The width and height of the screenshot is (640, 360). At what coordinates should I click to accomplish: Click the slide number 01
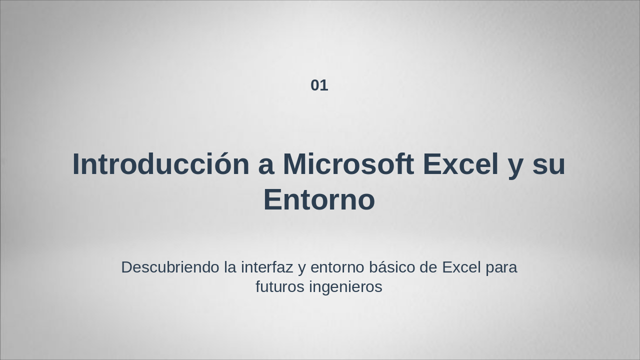(319, 85)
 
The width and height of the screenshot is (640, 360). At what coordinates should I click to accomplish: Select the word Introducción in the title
(160, 164)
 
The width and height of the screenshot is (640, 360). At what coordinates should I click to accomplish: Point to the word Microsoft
(348, 164)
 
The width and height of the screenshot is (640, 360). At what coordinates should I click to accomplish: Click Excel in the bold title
(460, 164)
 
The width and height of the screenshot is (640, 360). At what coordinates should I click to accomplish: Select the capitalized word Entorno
(319, 200)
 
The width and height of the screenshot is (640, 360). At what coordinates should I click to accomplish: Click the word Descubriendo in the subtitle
(170, 267)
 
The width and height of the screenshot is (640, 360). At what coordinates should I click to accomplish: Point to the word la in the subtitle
(230, 267)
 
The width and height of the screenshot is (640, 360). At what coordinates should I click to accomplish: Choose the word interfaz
(267, 267)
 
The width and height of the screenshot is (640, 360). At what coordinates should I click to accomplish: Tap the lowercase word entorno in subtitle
(337, 268)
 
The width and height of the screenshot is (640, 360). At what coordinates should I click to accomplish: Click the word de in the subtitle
(428, 267)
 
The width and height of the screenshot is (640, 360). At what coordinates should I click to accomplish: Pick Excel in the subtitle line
(461, 267)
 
